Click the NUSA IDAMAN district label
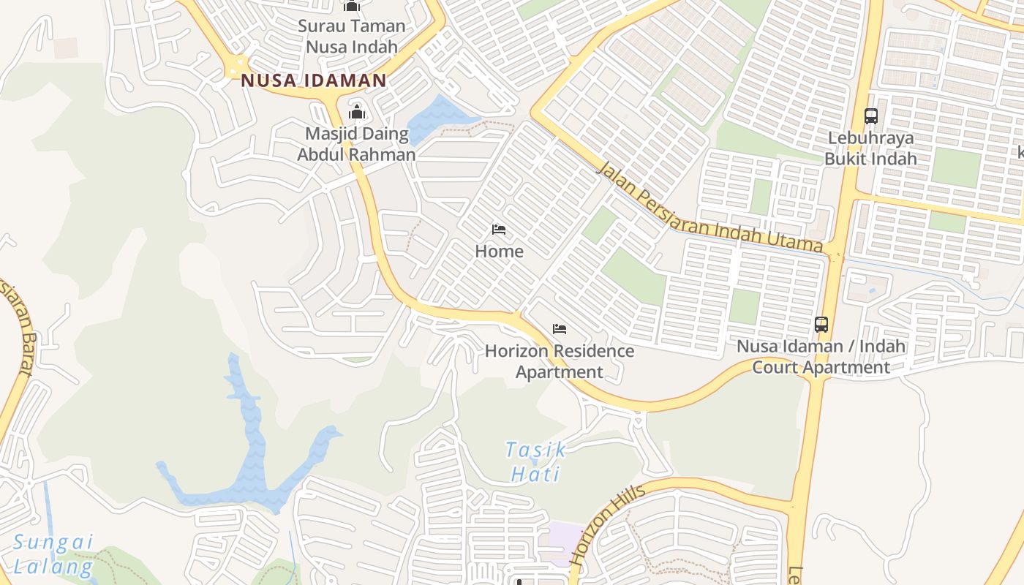click(x=313, y=80)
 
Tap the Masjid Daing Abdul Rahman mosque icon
click(x=357, y=112)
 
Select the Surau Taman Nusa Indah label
click(x=352, y=36)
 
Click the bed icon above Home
click(x=499, y=230)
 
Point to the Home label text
click(x=499, y=252)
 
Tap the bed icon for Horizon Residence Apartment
click(x=560, y=329)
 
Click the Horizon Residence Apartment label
click(x=560, y=361)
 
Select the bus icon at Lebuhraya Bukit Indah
click(x=870, y=116)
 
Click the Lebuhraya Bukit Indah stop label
click(x=870, y=148)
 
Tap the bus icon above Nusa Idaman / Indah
click(x=821, y=324)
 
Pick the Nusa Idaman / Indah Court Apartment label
click(x=821, y=357)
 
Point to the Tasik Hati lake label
click(x=535, y=461)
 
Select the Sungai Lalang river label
click(x=53, y=554)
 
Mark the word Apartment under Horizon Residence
click(x=560, y=372)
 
